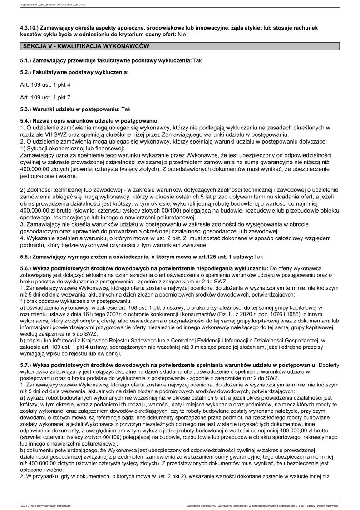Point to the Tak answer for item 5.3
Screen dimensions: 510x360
pos(126,109)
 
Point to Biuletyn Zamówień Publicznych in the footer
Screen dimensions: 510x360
pos(54,505)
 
